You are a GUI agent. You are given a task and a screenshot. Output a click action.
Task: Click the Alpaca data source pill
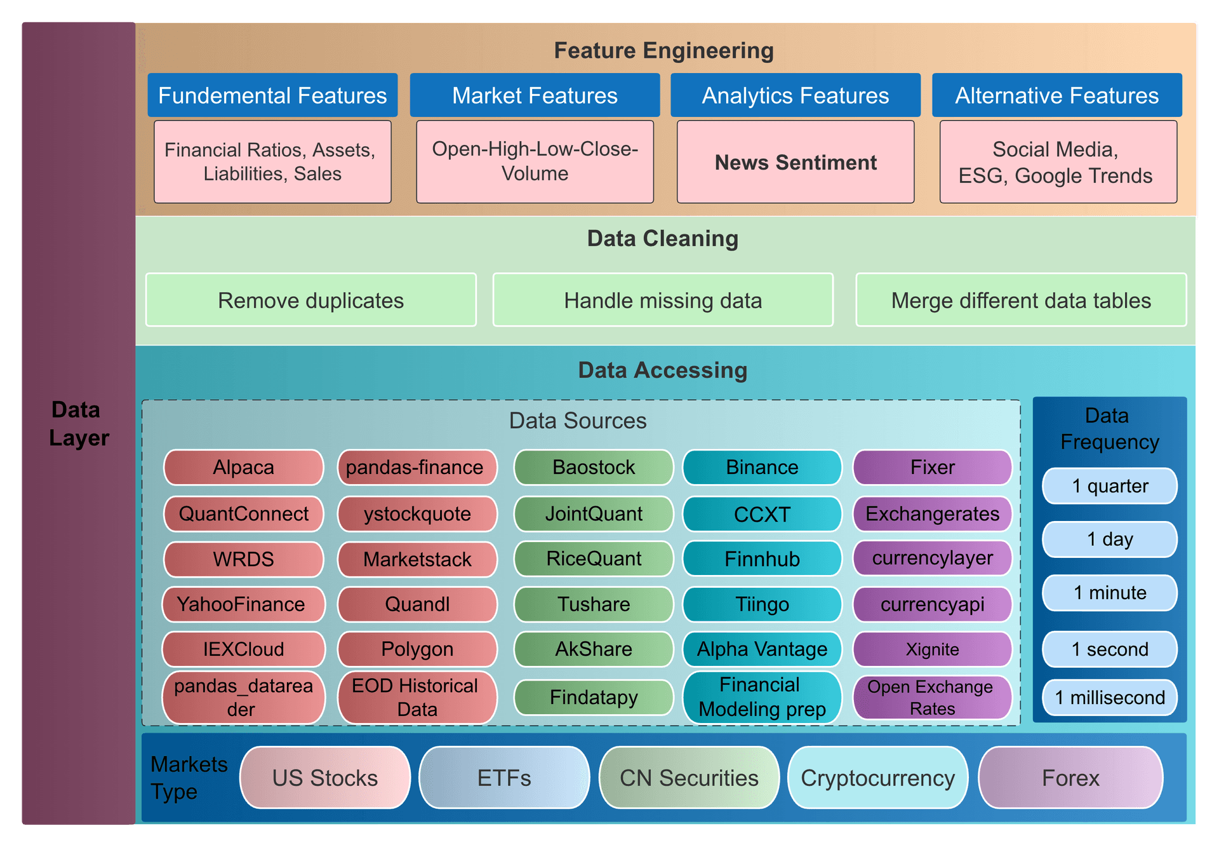[x=244, y=467]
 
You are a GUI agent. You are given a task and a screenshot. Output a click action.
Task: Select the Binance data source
[x=762, y=467]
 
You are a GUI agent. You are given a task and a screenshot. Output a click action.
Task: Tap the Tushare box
[x=594, y=604]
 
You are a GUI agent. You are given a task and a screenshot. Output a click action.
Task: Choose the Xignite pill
[x=932, y=649]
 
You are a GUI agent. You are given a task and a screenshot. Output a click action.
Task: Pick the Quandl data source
[x=417, y=604]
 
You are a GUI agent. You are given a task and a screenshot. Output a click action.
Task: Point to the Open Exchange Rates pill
[x=932, y=697]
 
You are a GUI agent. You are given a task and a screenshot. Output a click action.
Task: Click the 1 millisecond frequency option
[x=1110, y=698]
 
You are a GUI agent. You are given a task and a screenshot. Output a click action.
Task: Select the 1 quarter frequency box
[x=1110, y=486]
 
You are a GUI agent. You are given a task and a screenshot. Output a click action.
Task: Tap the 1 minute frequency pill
[x=1110, y=593]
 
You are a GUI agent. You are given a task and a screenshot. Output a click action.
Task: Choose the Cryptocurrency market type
[x=877, y=778]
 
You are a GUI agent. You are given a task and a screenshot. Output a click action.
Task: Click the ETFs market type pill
[x=504, y=778]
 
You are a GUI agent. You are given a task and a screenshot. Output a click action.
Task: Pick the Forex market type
[x=1070, y=778]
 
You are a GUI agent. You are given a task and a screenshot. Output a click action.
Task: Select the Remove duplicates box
[x=311, y=300]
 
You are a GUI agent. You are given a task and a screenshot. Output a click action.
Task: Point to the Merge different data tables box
[x=1021, y=300]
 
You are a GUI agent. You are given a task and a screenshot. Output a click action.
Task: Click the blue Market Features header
[x=535, y=95]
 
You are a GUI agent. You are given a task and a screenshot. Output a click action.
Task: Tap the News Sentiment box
[x=796, y=162]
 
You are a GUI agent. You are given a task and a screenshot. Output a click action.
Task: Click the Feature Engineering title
[x=663, y=50]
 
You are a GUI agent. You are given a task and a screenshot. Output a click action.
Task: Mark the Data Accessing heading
[x=663, y=370]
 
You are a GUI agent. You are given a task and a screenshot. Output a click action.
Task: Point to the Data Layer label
[x=79, y=424]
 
